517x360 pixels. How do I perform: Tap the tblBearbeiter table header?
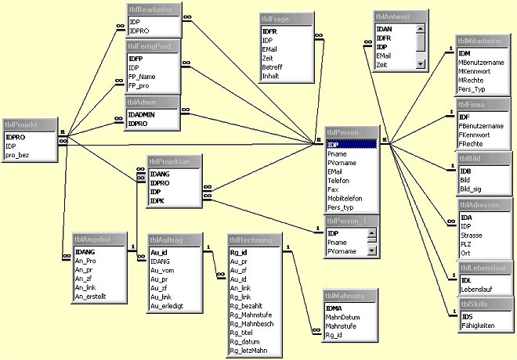tap(154, 10)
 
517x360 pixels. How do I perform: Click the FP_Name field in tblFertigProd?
tap(143, 77)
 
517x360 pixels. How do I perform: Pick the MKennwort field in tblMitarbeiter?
tap(476, 70)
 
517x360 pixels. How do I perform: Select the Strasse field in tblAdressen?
tap(471, 234)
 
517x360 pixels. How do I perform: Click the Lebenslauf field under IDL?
tap(477, 290)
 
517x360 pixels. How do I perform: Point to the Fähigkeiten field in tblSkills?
tap(477, 326)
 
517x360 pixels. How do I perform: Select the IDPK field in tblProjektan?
tap(157, 200)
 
